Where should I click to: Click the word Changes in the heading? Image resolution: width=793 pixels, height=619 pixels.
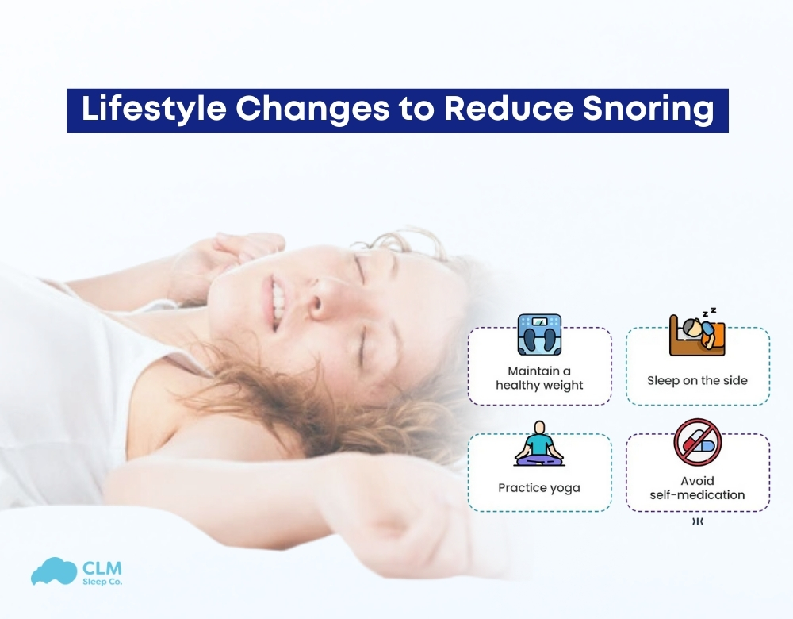pos(309,110)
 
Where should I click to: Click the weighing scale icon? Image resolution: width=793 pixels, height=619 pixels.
pos(539,334)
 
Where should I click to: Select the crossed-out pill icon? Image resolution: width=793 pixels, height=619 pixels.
pos(697,443)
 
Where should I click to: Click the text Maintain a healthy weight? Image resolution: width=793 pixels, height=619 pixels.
pos(539,379)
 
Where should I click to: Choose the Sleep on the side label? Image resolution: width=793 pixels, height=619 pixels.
pos(697,380)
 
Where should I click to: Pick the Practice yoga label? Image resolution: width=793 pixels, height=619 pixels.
pos(539,487)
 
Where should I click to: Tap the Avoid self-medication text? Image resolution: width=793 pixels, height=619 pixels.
pos(697,488)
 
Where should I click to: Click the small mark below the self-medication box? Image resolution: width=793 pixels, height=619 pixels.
pos(697,522)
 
